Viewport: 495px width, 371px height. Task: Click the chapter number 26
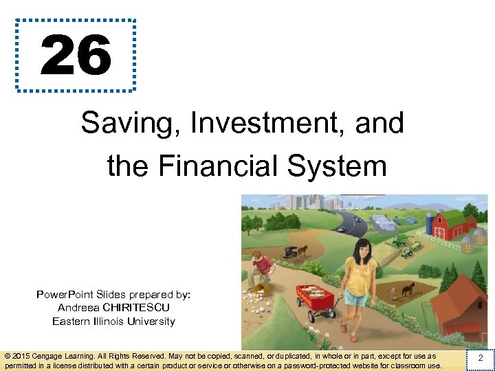(76, 56)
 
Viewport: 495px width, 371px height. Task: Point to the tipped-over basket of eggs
(259, 289)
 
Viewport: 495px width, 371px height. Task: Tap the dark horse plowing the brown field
(408, 288)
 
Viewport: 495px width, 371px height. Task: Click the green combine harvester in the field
(399, 240)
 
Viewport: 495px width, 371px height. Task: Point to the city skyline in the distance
(302, 202)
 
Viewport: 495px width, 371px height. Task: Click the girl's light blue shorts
(356, 297)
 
